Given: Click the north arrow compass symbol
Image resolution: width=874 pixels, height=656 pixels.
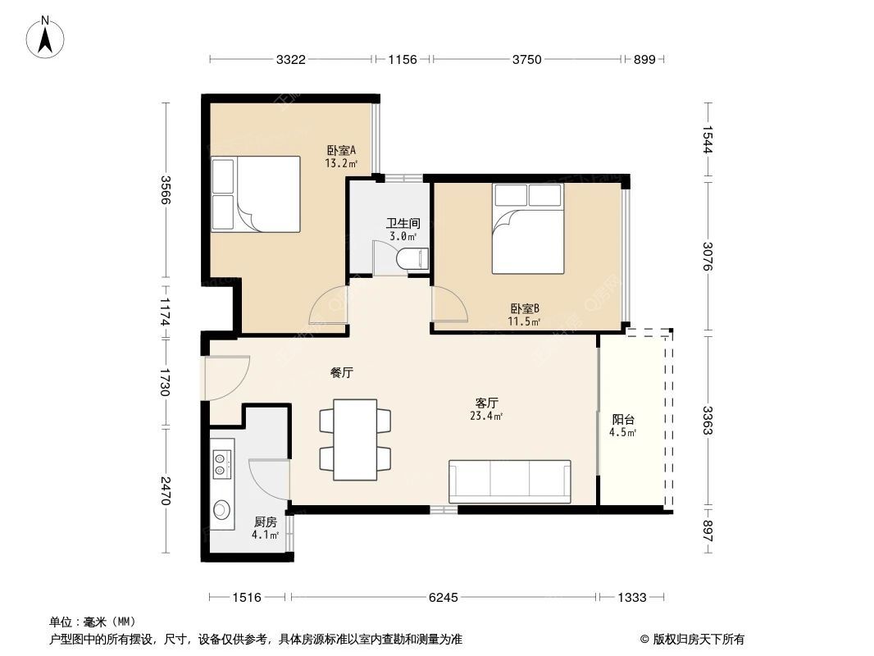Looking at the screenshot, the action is point(45,37).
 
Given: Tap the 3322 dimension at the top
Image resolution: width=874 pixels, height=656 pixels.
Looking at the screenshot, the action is point(290,59).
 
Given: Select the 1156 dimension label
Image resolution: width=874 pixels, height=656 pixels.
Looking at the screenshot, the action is point(403,59).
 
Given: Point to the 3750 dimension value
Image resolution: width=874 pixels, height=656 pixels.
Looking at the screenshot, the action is point(526,59).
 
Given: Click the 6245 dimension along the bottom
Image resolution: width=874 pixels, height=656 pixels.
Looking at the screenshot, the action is point(443,598).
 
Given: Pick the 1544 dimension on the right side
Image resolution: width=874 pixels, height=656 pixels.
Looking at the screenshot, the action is point(708,139).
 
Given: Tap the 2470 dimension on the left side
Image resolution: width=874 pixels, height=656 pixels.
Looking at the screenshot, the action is point(165,490).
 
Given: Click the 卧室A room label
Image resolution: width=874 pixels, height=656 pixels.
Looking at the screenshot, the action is point(341,151).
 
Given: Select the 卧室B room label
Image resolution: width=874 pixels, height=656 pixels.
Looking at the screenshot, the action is point(525,309).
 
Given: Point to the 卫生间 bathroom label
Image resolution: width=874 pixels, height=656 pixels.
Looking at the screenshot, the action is point(403,224).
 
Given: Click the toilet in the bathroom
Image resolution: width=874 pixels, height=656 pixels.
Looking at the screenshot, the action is point(410,259).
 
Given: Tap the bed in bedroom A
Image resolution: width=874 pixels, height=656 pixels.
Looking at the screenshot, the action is point(256,194).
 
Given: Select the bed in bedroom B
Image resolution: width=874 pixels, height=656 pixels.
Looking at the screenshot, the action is point(528,229).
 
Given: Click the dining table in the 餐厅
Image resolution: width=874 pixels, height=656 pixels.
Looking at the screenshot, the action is point(355,440).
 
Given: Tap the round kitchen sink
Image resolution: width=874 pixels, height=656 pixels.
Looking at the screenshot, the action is point(221,508).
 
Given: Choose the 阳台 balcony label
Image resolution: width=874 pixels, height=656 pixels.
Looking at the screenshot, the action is point(623,420).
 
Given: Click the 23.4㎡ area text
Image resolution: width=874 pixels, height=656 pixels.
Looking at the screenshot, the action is point(486,416).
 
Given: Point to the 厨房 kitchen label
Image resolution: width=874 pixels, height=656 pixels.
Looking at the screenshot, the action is point(266,522).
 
